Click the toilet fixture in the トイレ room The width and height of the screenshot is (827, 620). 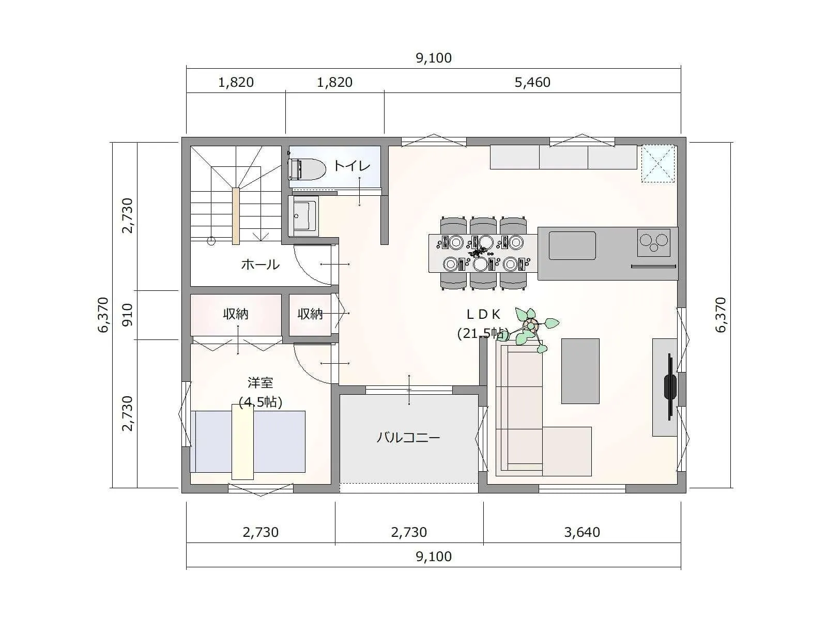[x=307, y=169]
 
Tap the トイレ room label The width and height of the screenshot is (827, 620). [x=353, y=166]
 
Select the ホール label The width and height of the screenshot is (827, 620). [x=261, y=265]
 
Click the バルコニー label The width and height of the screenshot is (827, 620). [x=408, y=438]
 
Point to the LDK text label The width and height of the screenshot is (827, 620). [x=483, y=314]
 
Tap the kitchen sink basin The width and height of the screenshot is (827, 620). [x=572, y=245]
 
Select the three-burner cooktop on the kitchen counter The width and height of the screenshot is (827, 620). [x=654, y=242]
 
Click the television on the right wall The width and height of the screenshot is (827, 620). [x=670, y=386]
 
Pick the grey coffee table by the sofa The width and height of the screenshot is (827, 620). [x=580, y=371]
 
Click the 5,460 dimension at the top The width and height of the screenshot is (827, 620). [x=532, y=82]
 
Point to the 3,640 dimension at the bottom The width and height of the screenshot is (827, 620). [x=581, y=532]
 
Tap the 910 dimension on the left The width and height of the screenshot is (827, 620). [x=128, y=315]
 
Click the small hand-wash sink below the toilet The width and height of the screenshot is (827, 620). [x=304, y=215]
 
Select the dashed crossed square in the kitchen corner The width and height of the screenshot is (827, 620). [x=658, y=164]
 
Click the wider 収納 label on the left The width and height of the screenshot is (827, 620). [x=236, y=314]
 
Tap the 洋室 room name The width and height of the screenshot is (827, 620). [x=261, y=382]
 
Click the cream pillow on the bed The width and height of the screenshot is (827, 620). [x=242, y=442]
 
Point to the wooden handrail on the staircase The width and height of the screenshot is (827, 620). [x=236, y=216]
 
